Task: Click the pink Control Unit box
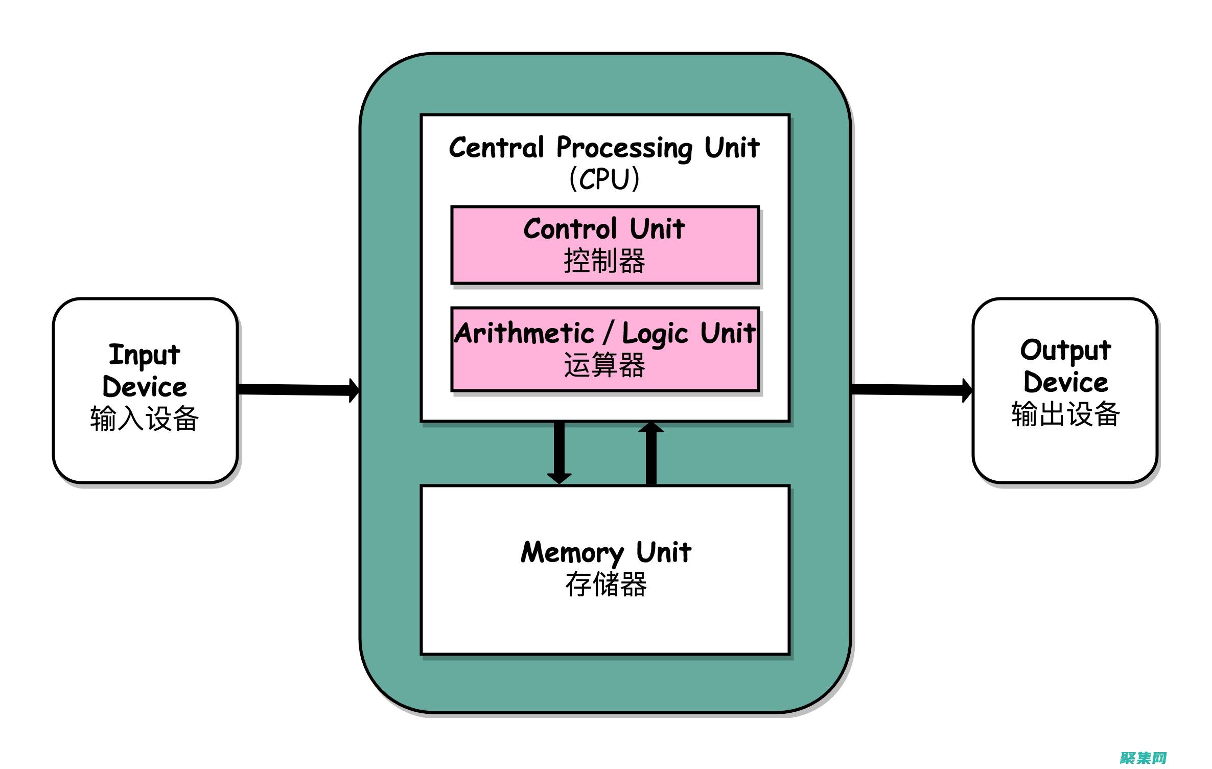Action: [x=605, y=245]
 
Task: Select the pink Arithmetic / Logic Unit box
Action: [x=605, y=350]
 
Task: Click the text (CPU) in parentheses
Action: [x=604, y=179]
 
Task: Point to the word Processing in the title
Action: [x=624, y=148]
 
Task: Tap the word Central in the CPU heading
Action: [x=496, y=148]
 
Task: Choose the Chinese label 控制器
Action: [x=604, y=261]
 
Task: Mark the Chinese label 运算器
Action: [x=604, y=366]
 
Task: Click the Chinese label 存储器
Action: [x=605, y=585]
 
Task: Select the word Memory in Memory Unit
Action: [x=572, y=553]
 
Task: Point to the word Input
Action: [x=145, y=355]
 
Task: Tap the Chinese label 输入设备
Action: [x=145, y=418]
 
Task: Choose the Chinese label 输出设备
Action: [x=1065, y=414]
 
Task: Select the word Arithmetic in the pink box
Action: [x=524, y=333]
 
